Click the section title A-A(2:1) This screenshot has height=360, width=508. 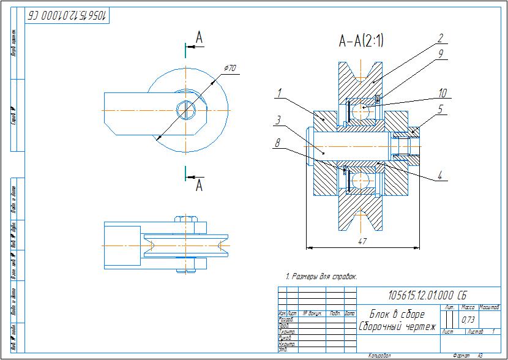[x=362, y=41]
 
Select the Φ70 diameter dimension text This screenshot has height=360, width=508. [x=230, y=69]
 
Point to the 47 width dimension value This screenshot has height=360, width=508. [x=362, y=242]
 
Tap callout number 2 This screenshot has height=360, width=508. [x=439, y=37]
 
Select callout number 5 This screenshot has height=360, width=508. [x=439, y=108]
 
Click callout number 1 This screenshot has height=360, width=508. [x=278, y=94]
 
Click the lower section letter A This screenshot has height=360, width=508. [x=199, y=186]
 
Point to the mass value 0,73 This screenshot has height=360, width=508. [x=468, y=319]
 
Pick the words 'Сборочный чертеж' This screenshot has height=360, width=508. [x=397, y=326]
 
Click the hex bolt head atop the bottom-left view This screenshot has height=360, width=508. [x=186, y=220]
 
